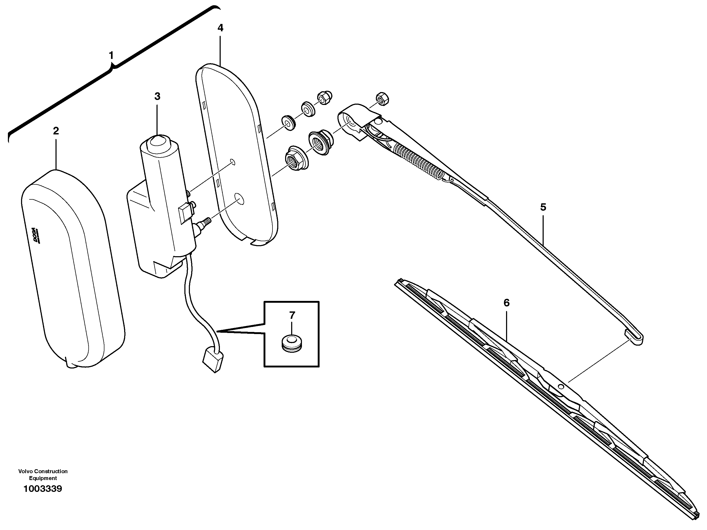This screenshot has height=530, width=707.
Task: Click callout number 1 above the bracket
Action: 111,55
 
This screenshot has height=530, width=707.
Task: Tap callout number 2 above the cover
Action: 56,131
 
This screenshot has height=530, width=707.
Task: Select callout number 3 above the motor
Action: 157,96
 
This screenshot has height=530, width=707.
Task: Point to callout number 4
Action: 220,28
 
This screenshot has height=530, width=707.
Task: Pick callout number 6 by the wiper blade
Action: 506,303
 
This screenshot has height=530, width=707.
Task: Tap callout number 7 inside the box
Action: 292,316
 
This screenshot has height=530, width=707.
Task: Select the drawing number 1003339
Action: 43,489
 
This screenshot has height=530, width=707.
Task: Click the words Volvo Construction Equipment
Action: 43,475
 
